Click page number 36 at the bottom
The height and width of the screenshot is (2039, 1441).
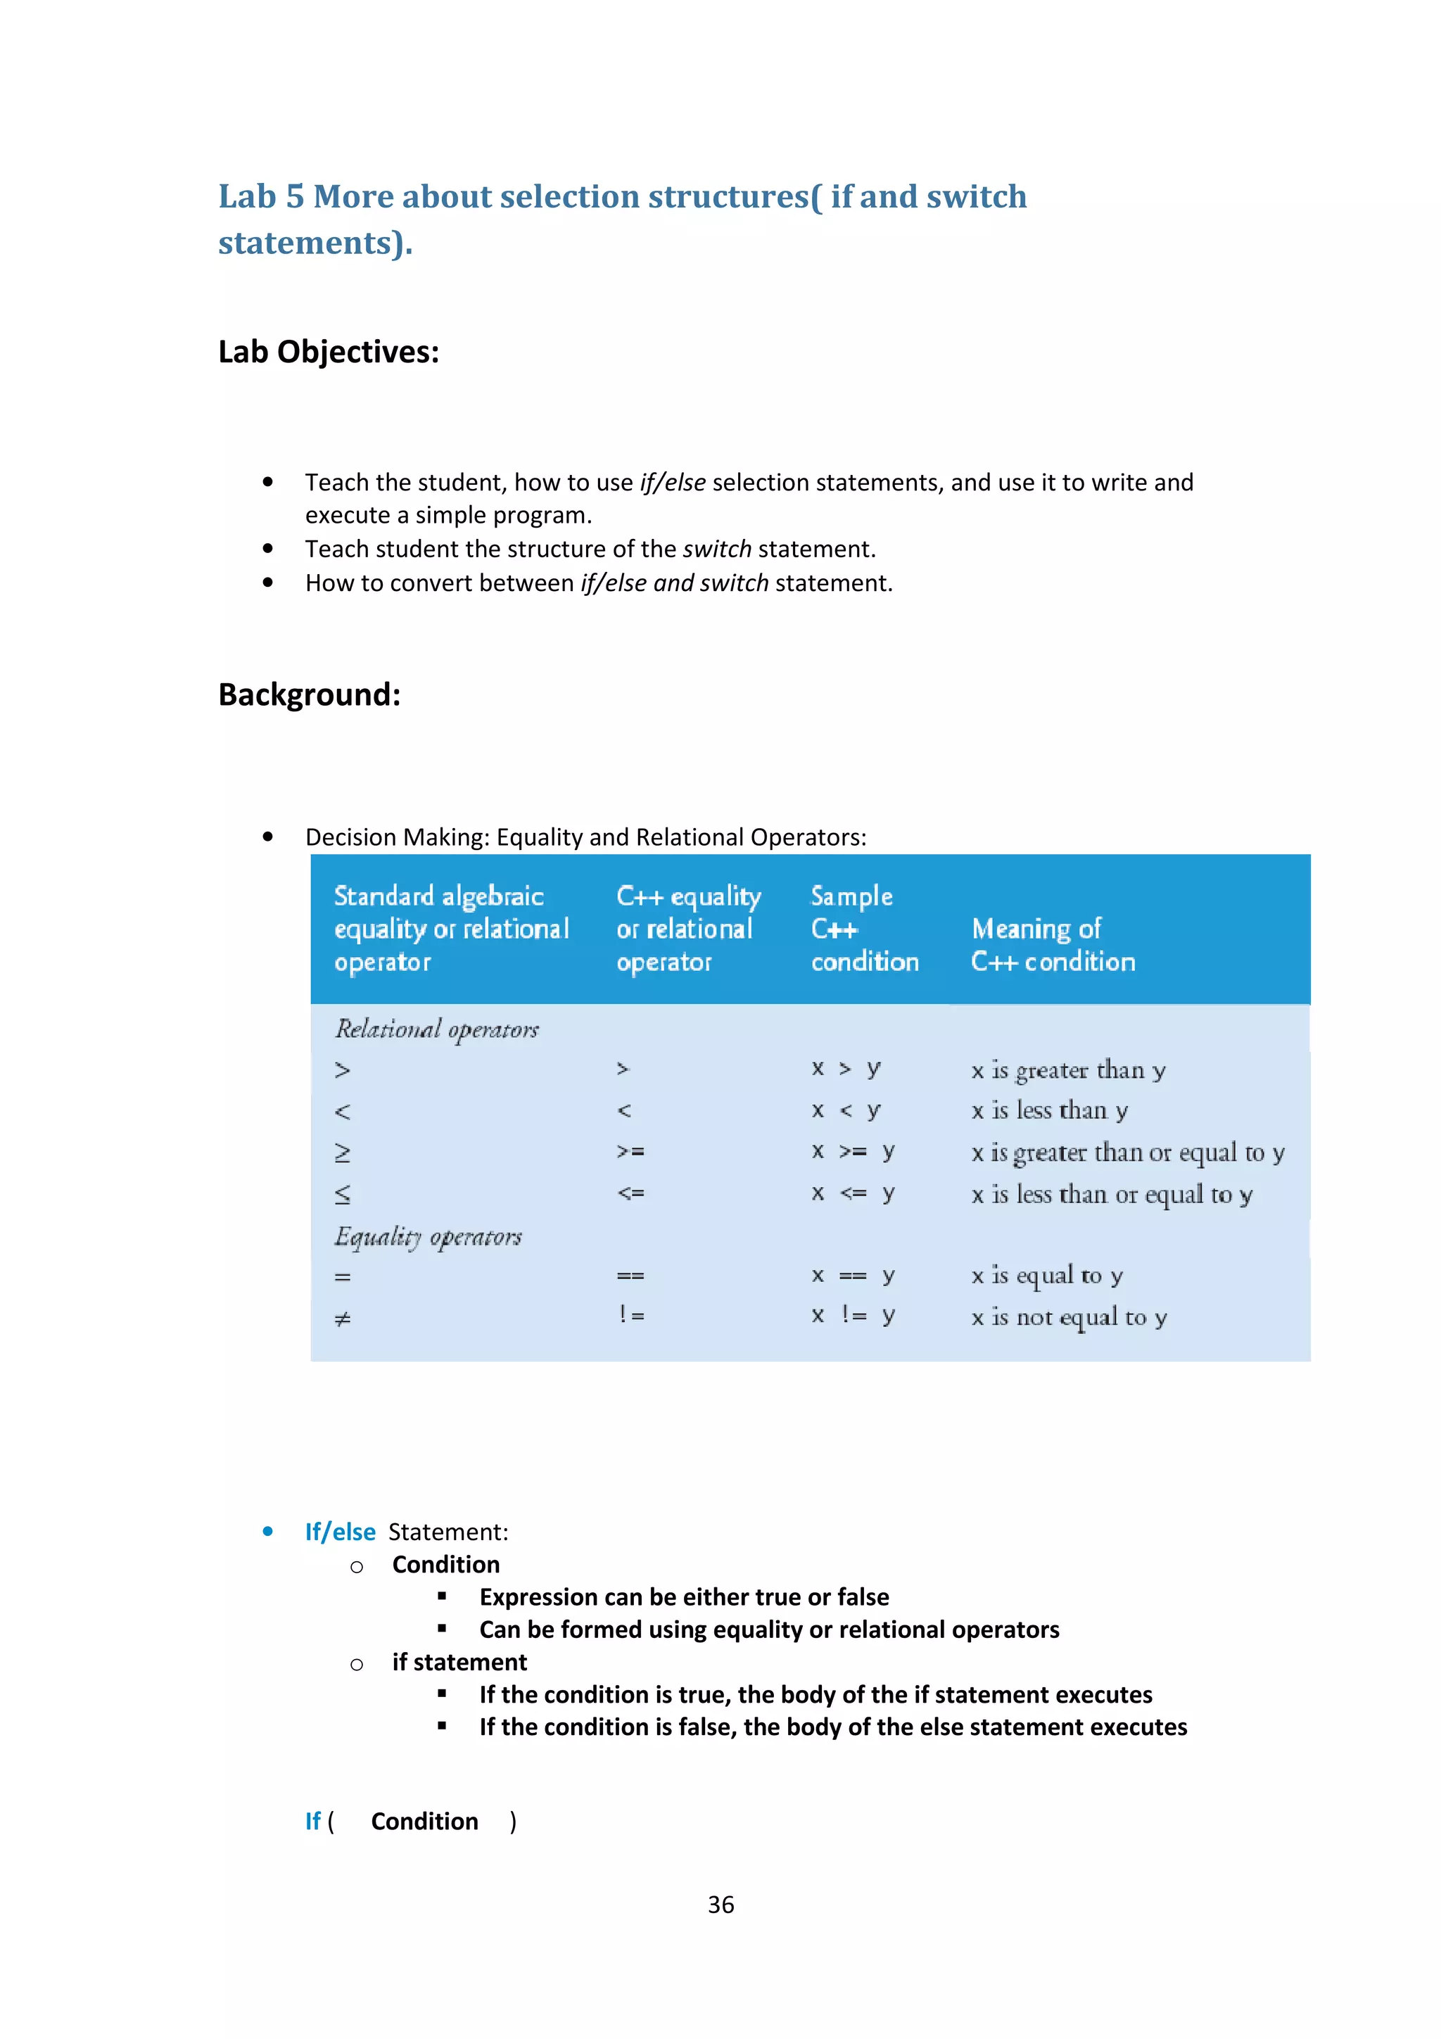click(x=720, y=1904)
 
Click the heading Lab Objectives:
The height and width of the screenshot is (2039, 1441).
click(x=329, y=352)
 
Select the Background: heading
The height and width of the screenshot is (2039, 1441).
click(x=309, y=694)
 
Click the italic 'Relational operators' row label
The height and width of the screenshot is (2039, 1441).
click(x=436, y=1029)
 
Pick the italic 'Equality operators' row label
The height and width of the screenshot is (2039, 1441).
click(x=428, y=1237)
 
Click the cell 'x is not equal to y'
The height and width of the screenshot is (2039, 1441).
click(x=1068, y=1317)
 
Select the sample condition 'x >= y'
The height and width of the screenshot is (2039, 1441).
click(x=852, y=1152)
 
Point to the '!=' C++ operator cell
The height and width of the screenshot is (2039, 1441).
click(x=631, y=1314)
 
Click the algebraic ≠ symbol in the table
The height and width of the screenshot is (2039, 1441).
click(x=343, y=1319)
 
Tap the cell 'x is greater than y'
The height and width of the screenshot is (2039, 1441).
click(x=1067, y=1070)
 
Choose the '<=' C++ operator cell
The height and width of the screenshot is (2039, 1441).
click(x=630, y=1193)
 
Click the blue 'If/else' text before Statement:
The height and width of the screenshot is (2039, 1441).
click(x=340, y=1532)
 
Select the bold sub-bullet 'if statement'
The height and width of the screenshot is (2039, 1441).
click(x=459, y=1663)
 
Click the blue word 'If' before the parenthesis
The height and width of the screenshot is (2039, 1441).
click(x=312, y=1822)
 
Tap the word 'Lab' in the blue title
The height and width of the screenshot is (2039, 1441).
click(x=247, y=197)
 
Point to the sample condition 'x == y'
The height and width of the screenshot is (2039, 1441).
click(x=852, y=1276)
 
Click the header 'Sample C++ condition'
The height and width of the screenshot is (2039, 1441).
click(x=863, y=929)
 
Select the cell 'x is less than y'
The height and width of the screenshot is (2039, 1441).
click(x=1048, y=1111)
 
